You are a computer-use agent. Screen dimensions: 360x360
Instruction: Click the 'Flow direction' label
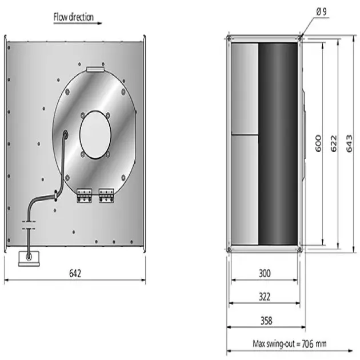(73, 17)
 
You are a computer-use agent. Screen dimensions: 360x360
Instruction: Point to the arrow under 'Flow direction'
(77, 24)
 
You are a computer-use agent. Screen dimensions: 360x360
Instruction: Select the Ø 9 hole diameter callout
(321, 11)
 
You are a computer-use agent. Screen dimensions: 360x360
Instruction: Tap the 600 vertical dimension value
(318, 143)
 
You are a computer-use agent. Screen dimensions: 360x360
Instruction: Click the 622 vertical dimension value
(333, 143)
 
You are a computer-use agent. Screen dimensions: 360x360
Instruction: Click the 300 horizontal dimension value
(263, 274)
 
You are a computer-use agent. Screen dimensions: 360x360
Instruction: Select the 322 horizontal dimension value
(263, 297)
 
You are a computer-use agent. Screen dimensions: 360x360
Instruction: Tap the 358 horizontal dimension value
(263, 320)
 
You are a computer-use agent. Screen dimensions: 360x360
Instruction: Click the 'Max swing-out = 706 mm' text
(289, 343)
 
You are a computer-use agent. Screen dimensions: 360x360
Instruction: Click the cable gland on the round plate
(64, 135)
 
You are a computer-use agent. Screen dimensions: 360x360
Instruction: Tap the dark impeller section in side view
(278, 143)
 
